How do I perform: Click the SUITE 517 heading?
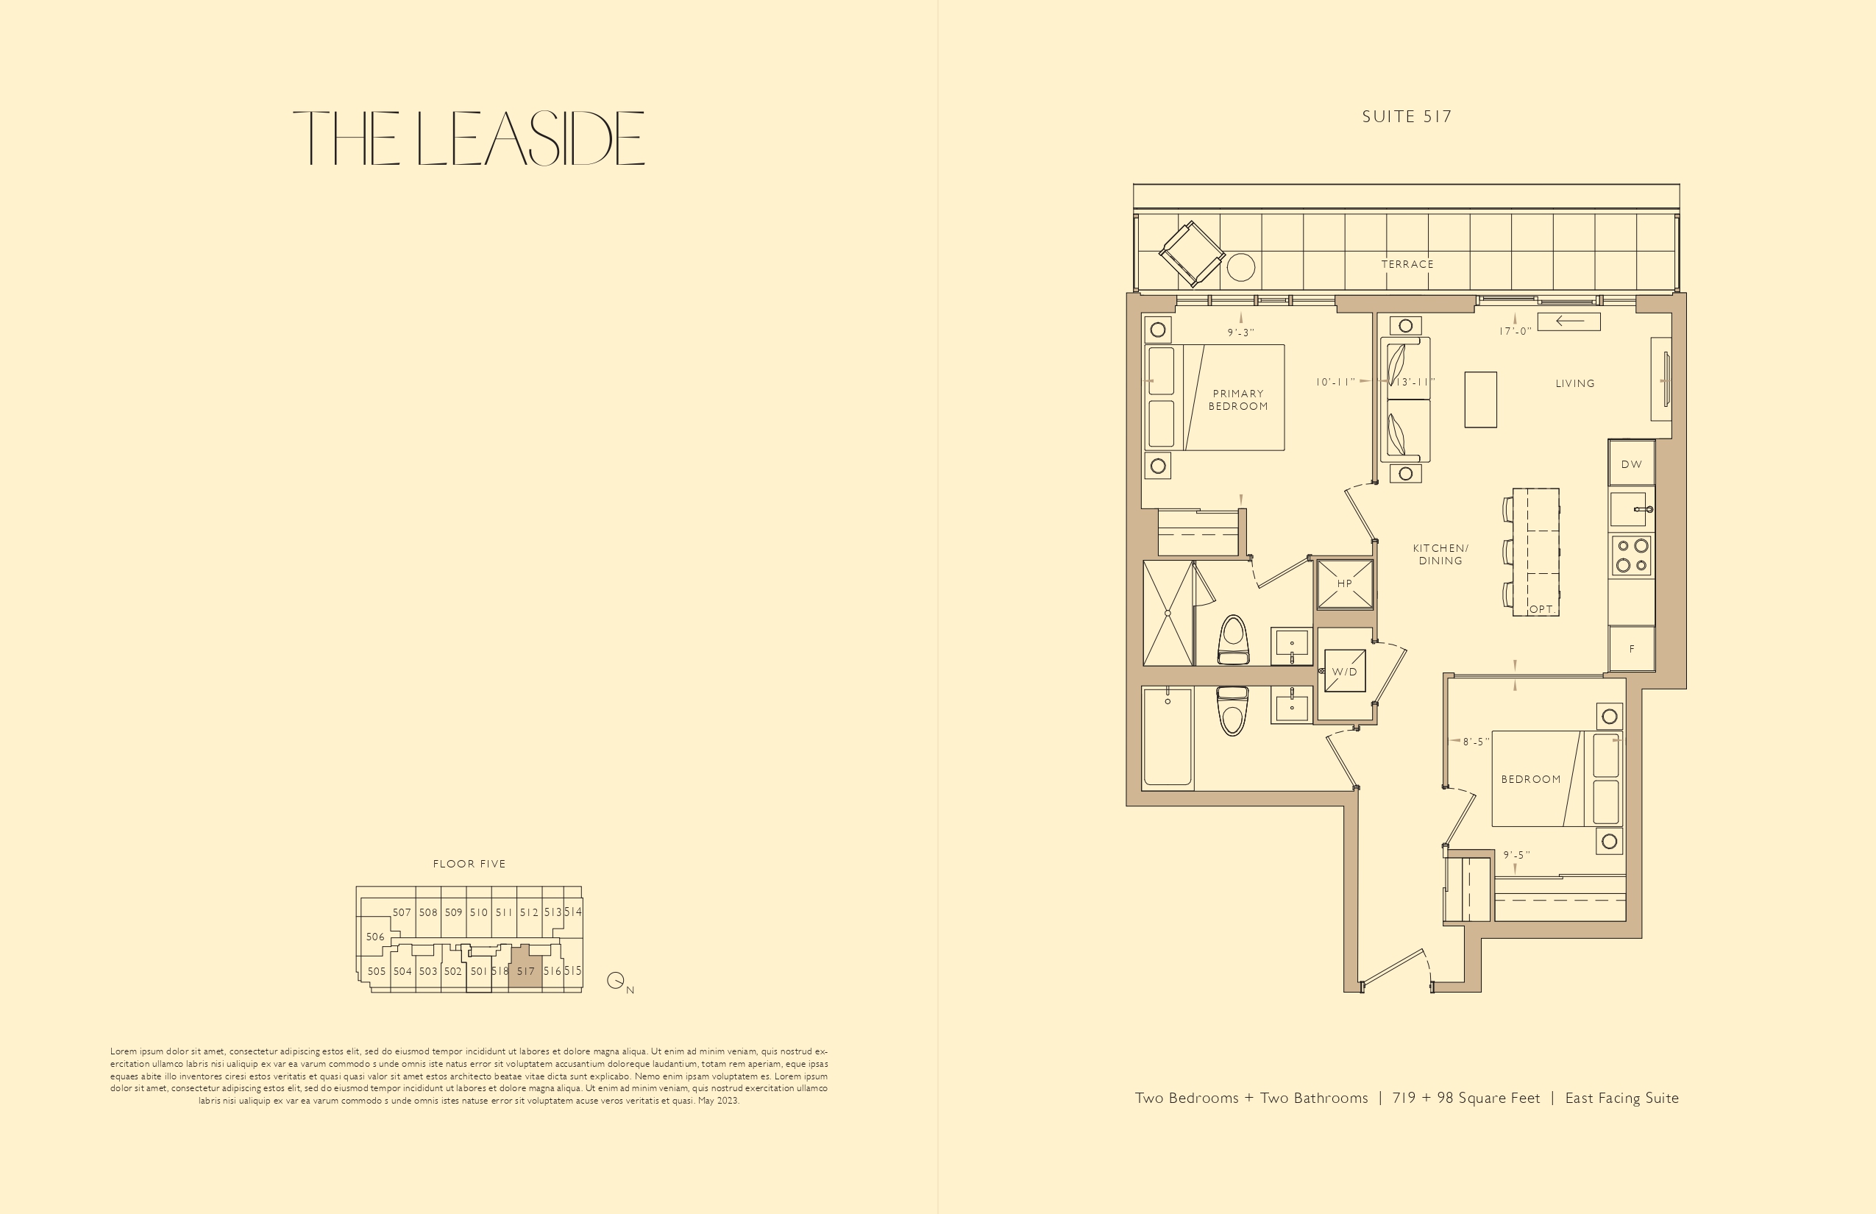click(x=1407, y=117)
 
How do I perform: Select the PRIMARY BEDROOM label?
click(x=1238, y=400)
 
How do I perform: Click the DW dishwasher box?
click(x=1632, y=464)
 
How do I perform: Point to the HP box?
click(x=1345, y=584)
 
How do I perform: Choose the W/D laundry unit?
click(x=1345, y=671)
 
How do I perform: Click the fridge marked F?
click(x=1632, y=649)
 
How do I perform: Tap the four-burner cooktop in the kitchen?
click(x=1632, y=555)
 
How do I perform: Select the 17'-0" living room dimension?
click(x=1515, y=332)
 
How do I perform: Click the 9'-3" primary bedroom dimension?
click(x=1240, y=333)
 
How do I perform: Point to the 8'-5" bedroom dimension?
click(x=1477, y=742)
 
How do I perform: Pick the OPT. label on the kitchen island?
click(x=1543, y=609)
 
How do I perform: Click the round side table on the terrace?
click(x=1240, y=267)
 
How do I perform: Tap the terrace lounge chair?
click(x=1192, y=254)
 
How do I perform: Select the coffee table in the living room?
click(x=1480, y=400)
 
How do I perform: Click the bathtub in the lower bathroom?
click(x=1168, y=737)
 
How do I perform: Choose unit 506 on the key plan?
click(x=375, y=937)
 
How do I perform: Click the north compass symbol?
click(x=616, y=981)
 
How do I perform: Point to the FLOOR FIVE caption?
click(x=469, y=864)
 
